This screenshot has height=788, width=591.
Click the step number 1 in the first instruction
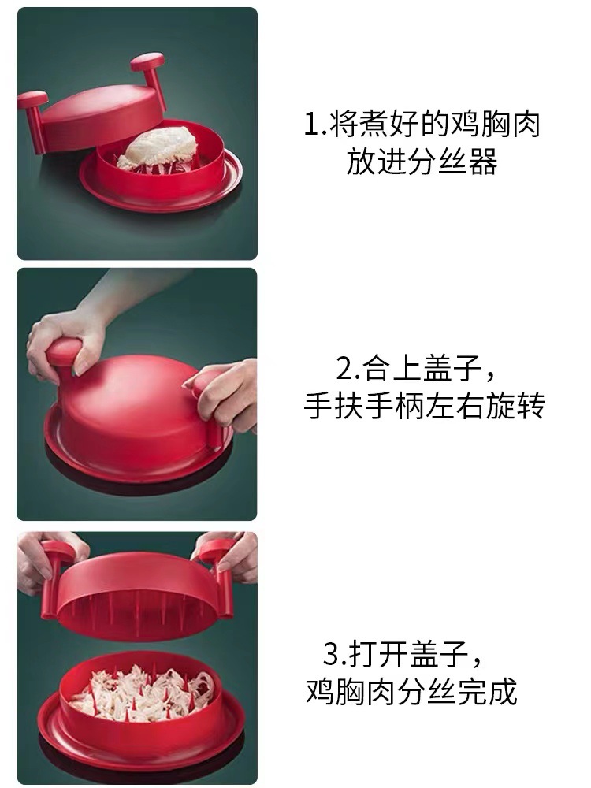coord(310,126)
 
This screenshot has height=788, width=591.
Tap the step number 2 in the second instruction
coord(344,368)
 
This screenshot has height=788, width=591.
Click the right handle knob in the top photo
coord(147,61)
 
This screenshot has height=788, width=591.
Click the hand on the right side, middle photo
coord(229,394)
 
